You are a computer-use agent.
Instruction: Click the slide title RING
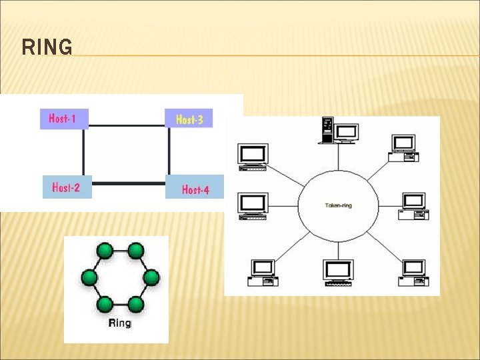[x=47, y=48]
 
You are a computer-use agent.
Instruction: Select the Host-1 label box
[x=64, y=119]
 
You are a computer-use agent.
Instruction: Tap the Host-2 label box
[x=67, y=187]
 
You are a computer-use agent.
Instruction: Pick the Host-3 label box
[x=189, y=119]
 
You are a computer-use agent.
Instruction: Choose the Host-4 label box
[x=195, y=189]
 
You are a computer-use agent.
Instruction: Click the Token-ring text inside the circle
[x=338, y=205]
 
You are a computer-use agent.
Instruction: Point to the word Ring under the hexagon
[x=119, y=323]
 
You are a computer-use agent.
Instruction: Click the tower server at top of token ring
[x=327, y=130]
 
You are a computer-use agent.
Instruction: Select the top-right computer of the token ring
[x=404, y=147]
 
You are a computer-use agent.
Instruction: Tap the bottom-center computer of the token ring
[x=338, y=273]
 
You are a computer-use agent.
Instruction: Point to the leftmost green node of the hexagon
[x=89, y=277]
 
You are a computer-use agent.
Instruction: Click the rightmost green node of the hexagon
[x=151, y=277]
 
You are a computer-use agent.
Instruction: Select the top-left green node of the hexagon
[x=105, y=251]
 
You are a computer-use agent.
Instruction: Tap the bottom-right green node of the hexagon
[x=135, y=305]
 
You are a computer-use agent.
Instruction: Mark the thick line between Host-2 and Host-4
[x=128, y=183]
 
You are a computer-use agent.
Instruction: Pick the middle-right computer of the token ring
[x=413, y=205]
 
